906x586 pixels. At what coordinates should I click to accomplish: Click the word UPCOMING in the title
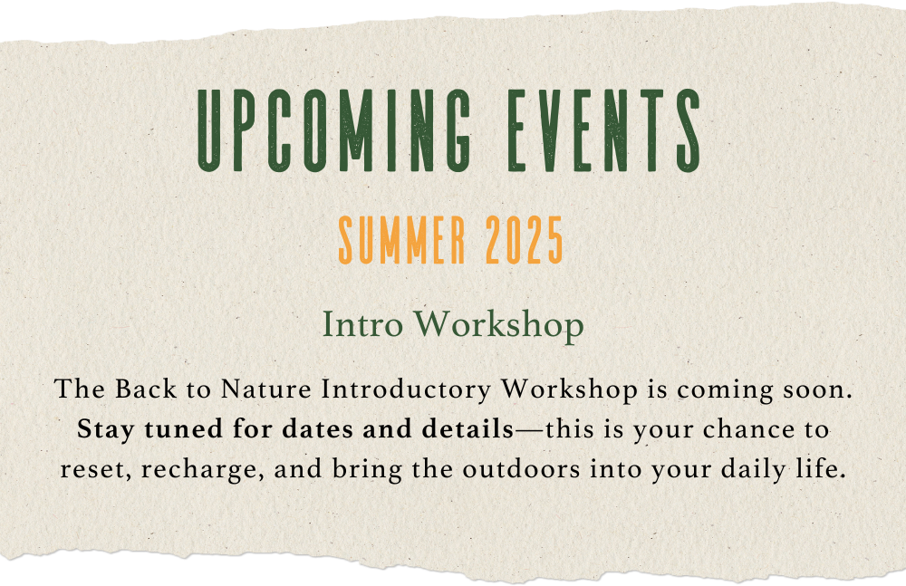pos(334,130)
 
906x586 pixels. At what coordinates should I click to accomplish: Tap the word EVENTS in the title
pos(604,130)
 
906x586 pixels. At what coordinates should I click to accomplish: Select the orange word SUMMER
pos(402,240)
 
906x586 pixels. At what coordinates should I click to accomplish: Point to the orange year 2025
pos(524,240)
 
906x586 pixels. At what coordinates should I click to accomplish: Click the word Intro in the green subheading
pos(362,325)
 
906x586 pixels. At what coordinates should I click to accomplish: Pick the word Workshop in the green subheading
pos(498,326)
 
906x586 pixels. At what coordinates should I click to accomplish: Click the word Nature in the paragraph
pos(265,389)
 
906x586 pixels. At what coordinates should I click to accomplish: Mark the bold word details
pos(467,428)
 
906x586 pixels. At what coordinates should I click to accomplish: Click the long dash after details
pos(529,430)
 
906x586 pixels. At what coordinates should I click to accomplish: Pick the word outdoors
pos(521,468)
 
